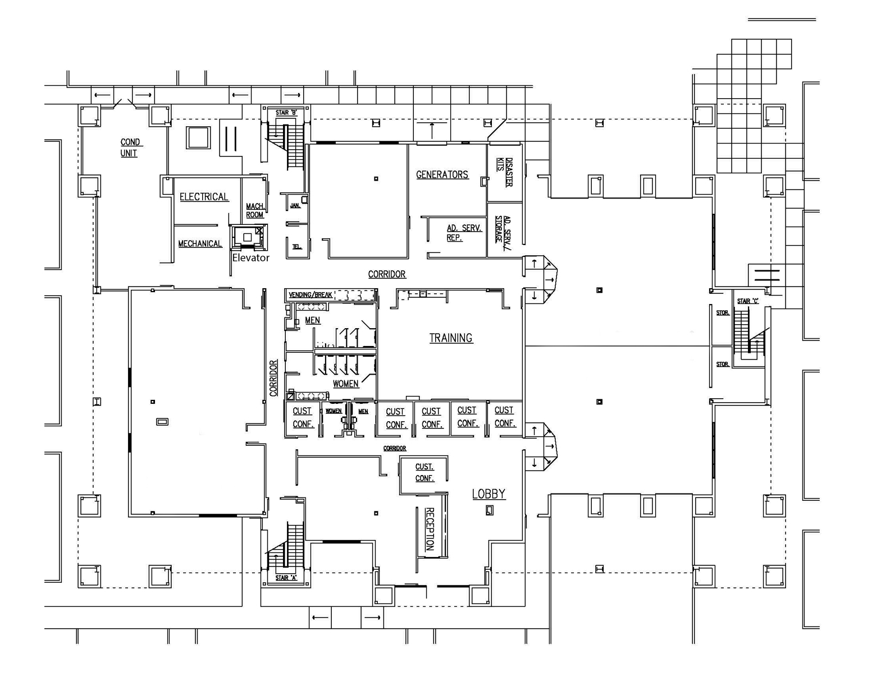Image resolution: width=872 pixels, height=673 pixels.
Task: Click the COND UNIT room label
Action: (x=130, y=147)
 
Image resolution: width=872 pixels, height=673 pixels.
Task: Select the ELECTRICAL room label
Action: (x=204, y=197)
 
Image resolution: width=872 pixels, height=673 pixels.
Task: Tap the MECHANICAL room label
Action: (x=200, y=243)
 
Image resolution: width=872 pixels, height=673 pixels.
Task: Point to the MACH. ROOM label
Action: (x=255, y=210)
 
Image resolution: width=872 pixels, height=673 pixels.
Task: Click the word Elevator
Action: (x=250, y=258)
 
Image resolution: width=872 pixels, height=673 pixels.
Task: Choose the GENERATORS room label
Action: (x=442, y=174)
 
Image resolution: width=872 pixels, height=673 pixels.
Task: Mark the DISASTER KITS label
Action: (x=504, y=172)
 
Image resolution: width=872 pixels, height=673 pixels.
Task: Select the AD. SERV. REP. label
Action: (x=463, y=233)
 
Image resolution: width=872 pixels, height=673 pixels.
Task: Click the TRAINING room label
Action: (x=451, y=338)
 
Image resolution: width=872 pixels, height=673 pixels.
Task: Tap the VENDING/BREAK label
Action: (x=310, y=295)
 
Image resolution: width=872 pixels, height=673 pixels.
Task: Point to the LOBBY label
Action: (x=488, y=494)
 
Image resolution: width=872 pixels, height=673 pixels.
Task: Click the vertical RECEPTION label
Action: (x=430, y=529)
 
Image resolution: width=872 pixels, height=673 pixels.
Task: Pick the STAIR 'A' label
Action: (x=286, y=578)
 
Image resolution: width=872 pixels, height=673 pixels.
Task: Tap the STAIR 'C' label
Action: (x=747, y=301)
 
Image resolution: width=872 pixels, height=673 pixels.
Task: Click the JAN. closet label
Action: (x=295, y=206)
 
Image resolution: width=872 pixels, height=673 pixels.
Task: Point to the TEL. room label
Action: (x=296, y=247)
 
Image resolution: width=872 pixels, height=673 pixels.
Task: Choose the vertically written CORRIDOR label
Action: (x=273, y=378)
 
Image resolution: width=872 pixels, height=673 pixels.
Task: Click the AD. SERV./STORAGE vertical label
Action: (x=503, y=229)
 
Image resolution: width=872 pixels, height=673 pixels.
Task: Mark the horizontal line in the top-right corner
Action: (x=782, y=20)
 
